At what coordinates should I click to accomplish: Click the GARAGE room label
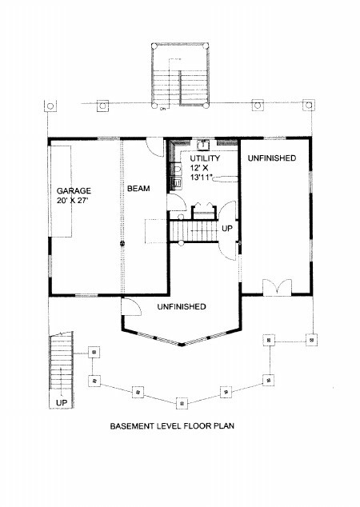74,190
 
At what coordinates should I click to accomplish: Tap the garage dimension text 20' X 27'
73,201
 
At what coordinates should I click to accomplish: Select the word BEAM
138,188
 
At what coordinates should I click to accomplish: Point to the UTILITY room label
205,158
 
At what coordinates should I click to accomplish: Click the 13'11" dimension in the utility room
201,177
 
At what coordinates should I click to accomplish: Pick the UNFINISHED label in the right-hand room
272,158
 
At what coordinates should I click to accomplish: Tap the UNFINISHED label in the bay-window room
182,306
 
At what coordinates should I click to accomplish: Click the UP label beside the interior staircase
227,229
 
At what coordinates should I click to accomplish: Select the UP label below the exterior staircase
62,403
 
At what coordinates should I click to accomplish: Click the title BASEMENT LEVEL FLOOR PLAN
172,426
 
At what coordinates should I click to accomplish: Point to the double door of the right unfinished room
277,287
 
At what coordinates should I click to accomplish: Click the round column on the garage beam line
122,244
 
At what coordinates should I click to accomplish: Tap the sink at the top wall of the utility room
203,145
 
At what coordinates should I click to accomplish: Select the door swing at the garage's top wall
154,147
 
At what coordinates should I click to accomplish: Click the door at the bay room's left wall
131,306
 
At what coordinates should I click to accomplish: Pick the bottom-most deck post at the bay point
182,403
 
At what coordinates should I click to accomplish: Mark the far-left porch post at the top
50,106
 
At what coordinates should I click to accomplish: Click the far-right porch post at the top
309,105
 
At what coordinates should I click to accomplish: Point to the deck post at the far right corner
311,340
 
